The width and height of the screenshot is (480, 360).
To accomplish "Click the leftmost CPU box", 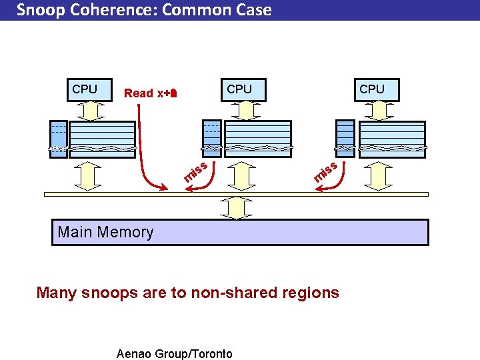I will point(84,89).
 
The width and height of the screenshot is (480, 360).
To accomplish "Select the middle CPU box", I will point(239,89).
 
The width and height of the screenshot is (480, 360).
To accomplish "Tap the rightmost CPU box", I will point(371,89).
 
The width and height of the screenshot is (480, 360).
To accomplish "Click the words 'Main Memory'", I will point(105,232).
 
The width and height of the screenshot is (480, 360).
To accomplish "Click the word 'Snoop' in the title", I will point(39,10).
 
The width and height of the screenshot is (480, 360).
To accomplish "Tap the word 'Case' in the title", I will point(252,10).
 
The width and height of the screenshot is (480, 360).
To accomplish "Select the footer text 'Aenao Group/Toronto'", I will point(174,353).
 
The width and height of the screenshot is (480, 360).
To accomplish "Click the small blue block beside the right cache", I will point(345,138).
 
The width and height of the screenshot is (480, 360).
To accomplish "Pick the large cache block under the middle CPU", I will point(257,138).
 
